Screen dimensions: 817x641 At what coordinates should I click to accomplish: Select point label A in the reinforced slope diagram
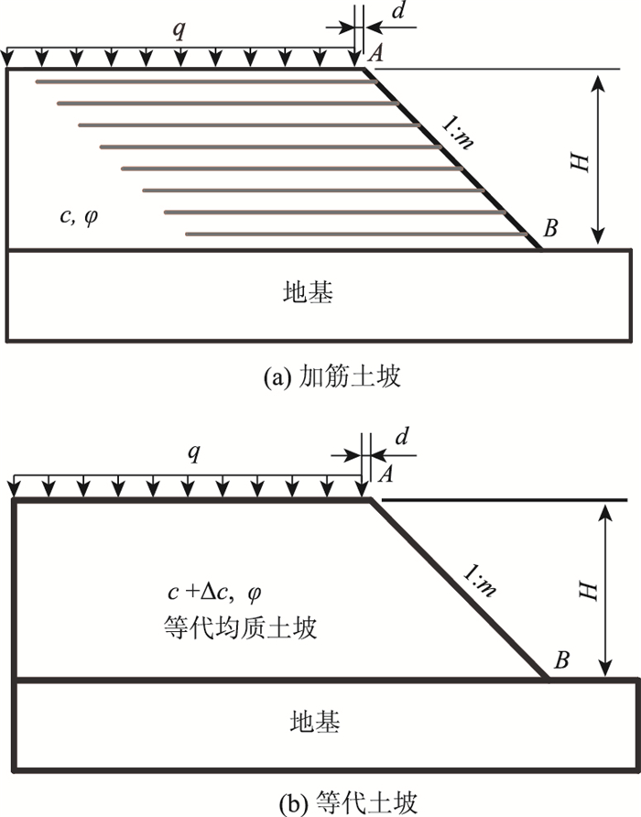[x=375, y=54]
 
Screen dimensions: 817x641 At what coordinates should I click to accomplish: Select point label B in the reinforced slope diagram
[x=550, y=228]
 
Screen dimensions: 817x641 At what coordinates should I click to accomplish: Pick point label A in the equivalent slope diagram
[x=385, y=474]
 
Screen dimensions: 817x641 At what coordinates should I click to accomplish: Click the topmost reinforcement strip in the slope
[x=206, y=82]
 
